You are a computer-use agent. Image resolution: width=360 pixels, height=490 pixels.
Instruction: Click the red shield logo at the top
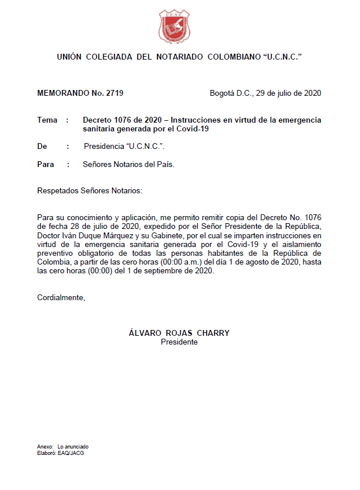[175, 26]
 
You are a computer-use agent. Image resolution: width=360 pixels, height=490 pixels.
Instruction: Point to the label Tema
[47, 120]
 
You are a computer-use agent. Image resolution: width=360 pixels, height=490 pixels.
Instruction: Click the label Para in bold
[46, 164]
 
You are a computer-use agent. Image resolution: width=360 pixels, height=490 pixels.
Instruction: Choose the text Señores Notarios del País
[129, 164]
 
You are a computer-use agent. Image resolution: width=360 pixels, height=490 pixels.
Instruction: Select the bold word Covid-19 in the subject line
[190, 128]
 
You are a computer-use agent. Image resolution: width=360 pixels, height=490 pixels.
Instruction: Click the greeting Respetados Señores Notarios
[89, 191]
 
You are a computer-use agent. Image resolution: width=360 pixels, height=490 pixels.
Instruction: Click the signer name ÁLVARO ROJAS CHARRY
[179, 333]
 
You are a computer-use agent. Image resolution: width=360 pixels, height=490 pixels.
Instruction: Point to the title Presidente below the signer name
[179, 342]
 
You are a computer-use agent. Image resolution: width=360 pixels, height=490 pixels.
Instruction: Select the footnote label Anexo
[44, 446]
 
